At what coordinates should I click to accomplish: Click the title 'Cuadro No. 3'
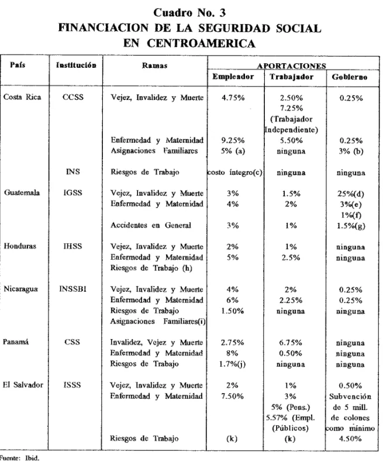[x=189, y=12]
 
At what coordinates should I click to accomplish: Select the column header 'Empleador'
[x=233, y=77]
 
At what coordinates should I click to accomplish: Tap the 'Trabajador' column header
[x=291, y=77]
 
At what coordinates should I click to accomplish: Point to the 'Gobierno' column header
[x=350, y=77]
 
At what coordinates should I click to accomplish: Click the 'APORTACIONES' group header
[x=291, y=65]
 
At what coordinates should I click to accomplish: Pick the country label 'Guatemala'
[x=22, y=193]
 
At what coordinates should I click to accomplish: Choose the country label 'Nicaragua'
[x=20, y=289]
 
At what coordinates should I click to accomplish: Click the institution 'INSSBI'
[x=73, y=289]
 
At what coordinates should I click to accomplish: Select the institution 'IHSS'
[x=73, y=246]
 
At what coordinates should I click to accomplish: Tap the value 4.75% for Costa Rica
[x=233, y=98]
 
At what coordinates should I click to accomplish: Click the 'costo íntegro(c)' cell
[x=235, y=173]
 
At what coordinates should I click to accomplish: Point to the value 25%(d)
[x=351, y=194]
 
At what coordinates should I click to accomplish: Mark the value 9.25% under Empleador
[x=233, y=140]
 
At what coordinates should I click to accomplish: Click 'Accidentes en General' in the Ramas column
[x=150, y=225]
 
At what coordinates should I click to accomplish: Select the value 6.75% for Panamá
[x=291, y=343]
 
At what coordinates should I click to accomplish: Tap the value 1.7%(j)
[x=232, y=364]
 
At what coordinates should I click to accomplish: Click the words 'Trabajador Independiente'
[x=291, y=125]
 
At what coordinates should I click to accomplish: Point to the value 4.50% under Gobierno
[x=350, y=439]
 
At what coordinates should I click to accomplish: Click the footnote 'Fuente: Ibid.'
[x=19, y=458]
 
